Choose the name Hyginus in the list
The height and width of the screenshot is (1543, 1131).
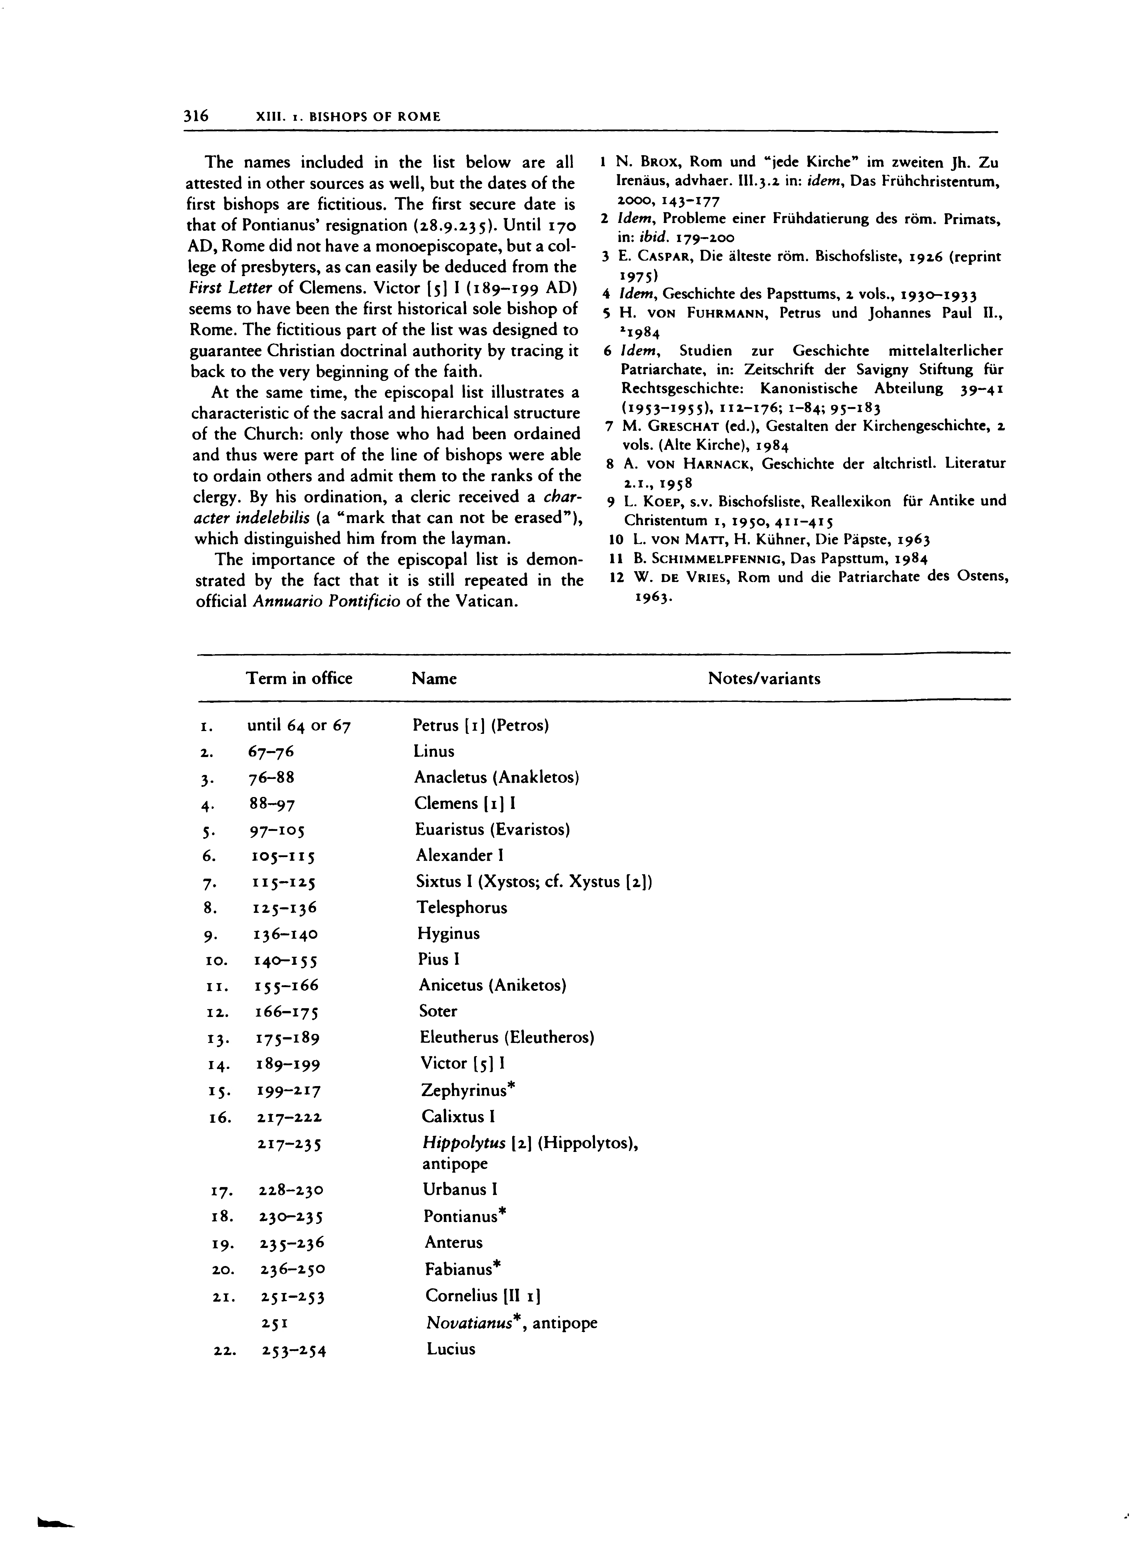coord(448,934)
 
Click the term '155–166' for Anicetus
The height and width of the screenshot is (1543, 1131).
coord(287,986)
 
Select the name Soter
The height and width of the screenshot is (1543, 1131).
coord(438,1011)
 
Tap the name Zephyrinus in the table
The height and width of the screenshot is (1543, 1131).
coord(465,1090)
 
